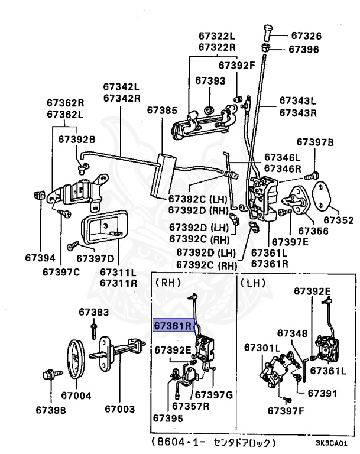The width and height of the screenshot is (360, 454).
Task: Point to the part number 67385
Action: (x=161, y=110)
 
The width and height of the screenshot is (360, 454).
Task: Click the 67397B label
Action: (x=315, y=142)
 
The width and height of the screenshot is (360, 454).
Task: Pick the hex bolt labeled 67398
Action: (x=47, y=375)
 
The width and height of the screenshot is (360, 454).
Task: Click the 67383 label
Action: (x=94, y=312)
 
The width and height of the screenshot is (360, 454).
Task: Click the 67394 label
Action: (x=40, y=258)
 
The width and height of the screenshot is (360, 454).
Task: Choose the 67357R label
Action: (x=192, y=406)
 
